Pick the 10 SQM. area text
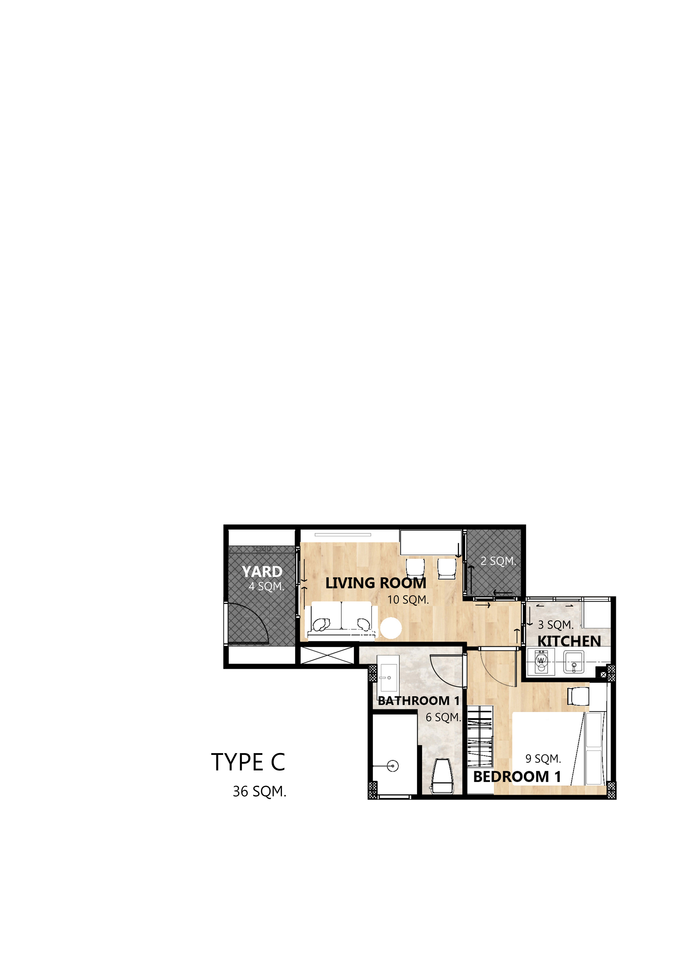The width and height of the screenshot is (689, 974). coord(408,600)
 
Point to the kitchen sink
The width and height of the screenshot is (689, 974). coord(574,662)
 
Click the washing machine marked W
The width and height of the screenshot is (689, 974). coord(541,661)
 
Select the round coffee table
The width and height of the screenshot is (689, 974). coord(391,628)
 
